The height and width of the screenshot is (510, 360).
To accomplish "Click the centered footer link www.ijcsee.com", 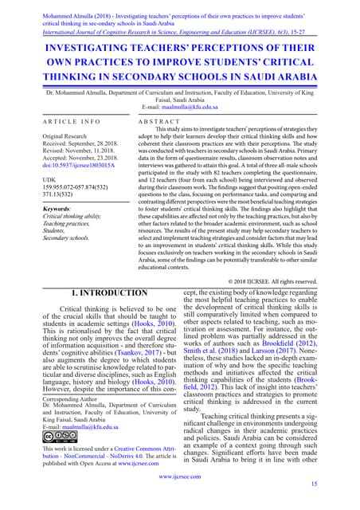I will (x=179, y=476).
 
